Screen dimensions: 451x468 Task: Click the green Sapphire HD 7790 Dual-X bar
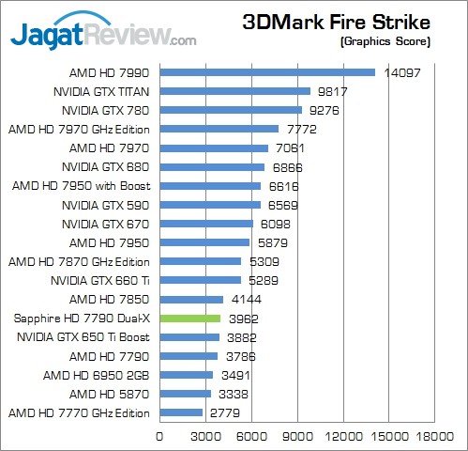(190, 319)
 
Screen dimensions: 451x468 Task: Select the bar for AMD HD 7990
(267, 72)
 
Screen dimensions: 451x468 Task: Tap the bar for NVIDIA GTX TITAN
(234, 91)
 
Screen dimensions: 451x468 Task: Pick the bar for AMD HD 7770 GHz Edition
(181, 412)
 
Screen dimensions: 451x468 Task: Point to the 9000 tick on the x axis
(297, 437)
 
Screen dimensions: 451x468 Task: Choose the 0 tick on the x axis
(159, 437)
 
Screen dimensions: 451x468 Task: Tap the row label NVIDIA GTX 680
(112, 166)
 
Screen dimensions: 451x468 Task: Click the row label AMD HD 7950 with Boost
(82, 185)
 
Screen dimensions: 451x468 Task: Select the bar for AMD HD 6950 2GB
(186, 375)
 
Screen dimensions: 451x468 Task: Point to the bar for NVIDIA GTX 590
(210, 205)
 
